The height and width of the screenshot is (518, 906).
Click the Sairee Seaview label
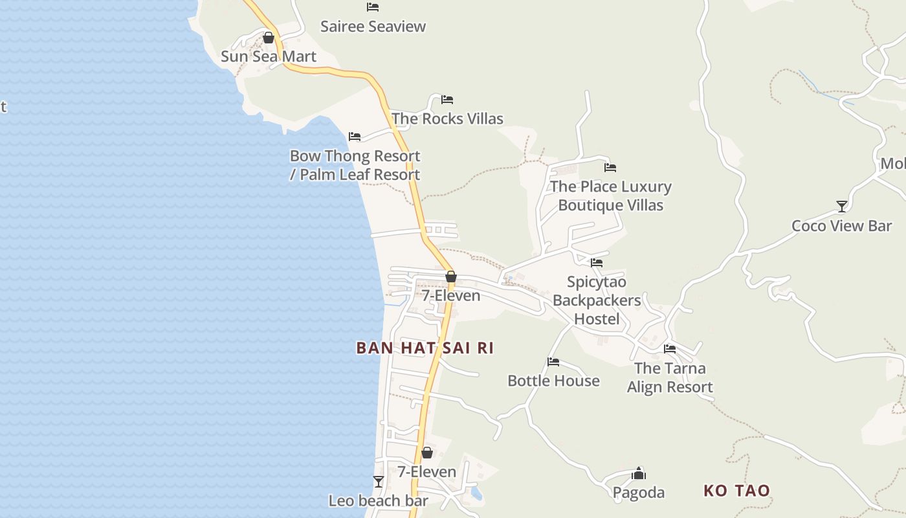[373, 27]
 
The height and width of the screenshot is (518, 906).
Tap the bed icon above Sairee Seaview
[373, 7]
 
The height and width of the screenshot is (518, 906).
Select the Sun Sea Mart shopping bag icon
[269, 38]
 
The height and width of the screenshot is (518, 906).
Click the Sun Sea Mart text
[269, 56]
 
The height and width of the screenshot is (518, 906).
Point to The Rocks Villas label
[447, 118]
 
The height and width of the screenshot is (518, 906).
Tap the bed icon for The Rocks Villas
[447, 100]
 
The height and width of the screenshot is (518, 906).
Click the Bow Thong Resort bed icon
[355, 137]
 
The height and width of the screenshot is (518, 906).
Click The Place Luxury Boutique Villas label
[611, 196]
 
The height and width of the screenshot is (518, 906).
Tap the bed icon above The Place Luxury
[610, 168]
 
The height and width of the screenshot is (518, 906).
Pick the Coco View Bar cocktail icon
[842, 207]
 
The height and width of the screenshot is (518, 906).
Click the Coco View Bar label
[842, 226]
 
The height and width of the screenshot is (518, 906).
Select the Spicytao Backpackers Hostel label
[597, 300]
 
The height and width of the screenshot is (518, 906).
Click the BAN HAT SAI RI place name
[425, 348]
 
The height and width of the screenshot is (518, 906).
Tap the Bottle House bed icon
[553, 362]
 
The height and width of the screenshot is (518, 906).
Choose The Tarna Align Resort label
[670, 377]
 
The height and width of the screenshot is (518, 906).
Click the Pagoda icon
[639, 473]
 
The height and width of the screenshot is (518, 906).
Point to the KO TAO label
[737, 490]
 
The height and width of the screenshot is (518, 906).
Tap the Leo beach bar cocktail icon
[379, 482]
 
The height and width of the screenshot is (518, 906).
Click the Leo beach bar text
[379, 501]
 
